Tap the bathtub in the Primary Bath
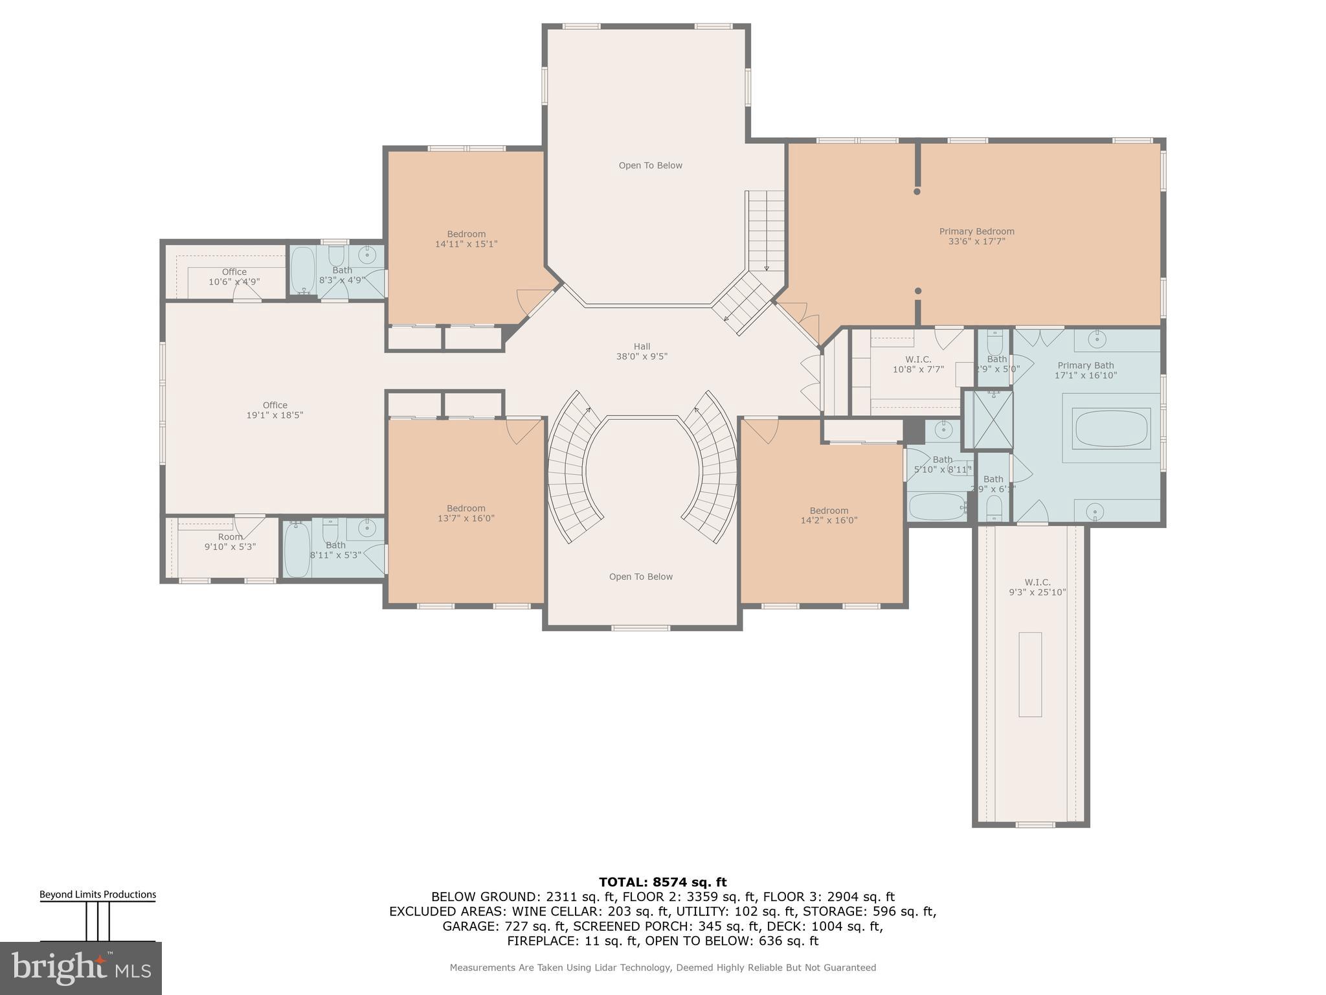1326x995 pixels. pyautogui.click(x=1111, y=428)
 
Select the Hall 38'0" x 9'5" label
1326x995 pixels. pyautogui.click(x=642, y=351)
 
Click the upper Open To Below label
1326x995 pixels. pyautogui.click(x=650, y=165)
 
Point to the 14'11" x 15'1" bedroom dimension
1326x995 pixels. pyautogui.click(x=466, y=244)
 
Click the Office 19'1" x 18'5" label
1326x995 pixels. pyautogui.click(x=275, y=410)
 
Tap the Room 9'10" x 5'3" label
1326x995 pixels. pyautogui.click(x=230, y=542)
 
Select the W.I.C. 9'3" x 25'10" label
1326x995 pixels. pyautogui.click(x=1037, y=587)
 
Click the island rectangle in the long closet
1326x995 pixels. pyautogui.click(x=1030, y=674)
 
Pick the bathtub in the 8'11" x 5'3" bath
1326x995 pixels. pyautogui.click(x=297, y=550)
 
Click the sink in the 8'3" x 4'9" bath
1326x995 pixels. pyautogui.click(x=367, y=255)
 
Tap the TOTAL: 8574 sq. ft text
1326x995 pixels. pyautogui.click(x=662, y=882)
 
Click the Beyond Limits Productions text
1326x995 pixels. pyautogui.click(x=98, y=895)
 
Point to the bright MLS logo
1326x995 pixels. pyautogui.click(x=81, y=968)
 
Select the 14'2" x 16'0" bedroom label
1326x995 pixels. pyautogui.click(x=829, y=515)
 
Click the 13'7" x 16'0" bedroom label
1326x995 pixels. pyautogui.click(x=466, y=513)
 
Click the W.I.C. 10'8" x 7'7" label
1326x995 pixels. pyautogui.click(x=918, y=364)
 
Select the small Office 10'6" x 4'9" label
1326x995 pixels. pyautogui.click(x=234, y=277)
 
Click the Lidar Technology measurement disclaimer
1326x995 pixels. pyautogui.click(x=662, y=967)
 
